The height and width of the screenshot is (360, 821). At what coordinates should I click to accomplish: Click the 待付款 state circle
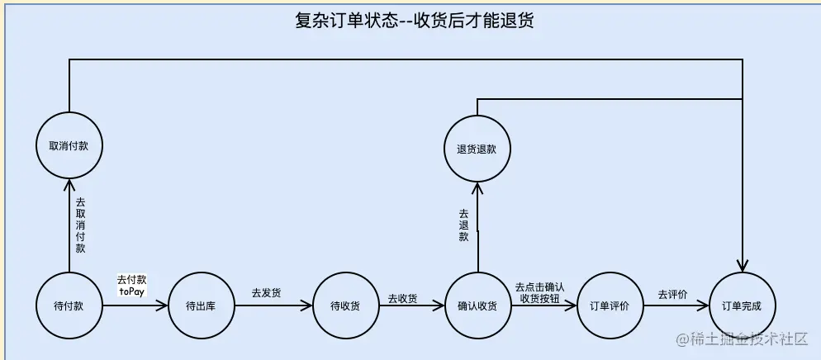click(70, 306)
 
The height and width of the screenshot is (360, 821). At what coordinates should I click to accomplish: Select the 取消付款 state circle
click(70, 146)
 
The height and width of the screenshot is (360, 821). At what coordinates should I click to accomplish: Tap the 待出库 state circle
click(202, 306)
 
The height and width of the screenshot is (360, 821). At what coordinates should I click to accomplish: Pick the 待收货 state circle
click(345, 306)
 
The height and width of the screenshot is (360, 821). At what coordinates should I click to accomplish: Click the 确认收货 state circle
click(477, 306)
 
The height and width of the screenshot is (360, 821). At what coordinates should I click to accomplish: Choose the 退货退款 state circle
click(477, 149)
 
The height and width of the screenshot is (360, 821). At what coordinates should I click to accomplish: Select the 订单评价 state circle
click(610, 306)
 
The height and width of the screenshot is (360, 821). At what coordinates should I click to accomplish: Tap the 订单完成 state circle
click(742, 306)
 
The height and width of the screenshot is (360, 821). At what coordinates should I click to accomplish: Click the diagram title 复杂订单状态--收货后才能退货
click(414, 21)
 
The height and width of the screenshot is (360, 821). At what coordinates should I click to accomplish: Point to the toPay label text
click(132, 291)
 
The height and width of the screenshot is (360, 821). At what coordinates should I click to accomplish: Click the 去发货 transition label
click(266, 293)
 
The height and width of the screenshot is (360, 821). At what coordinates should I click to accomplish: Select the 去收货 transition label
click(402, 298)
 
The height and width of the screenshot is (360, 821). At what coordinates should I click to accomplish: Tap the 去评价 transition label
click(672, 293)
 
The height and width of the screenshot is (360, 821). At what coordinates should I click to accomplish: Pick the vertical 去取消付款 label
click(80, 225)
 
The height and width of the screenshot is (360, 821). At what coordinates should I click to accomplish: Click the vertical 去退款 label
click(463, 225)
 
